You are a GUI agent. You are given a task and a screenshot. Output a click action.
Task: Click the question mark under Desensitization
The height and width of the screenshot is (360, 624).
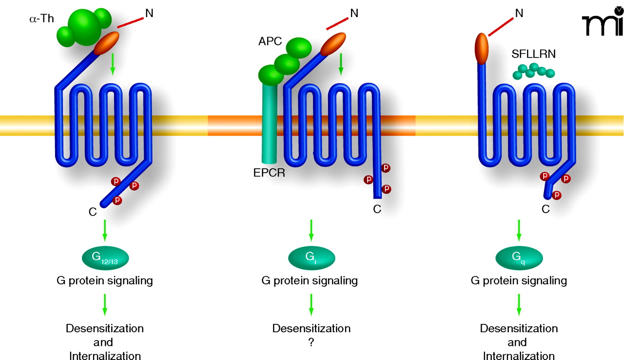pyautogui.click(x=311, y=342)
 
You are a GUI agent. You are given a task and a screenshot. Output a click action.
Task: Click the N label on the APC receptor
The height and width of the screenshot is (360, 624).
pyautogui.click(x=354, y=13)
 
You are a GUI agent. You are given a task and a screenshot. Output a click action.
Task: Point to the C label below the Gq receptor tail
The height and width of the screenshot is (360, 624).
pyautogui.click(x=546, y=210)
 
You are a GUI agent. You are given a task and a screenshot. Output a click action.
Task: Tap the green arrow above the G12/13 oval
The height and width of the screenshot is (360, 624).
pyautogui.click(x=104, y=231)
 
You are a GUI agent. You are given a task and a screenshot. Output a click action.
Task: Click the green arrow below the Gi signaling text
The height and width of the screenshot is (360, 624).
pyautogui.click(x=312, y=305)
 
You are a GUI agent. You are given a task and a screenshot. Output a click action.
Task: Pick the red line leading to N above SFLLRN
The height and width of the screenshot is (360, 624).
pyautogui.click(x=500, y=26)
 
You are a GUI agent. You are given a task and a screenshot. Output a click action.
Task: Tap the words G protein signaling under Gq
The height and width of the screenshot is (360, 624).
pyautogui.click(x=519, y=281)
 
